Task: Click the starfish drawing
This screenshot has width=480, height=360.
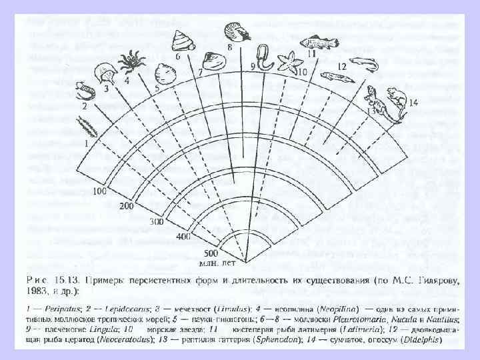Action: pos(288,61)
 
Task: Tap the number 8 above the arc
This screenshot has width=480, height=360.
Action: pos(229,49)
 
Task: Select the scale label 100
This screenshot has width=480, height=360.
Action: pos(101,191)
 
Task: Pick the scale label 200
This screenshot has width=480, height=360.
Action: pos(127,206)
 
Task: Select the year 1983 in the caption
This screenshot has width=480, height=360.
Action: pos(33,290)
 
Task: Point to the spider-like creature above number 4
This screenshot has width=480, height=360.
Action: pos(135,59)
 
